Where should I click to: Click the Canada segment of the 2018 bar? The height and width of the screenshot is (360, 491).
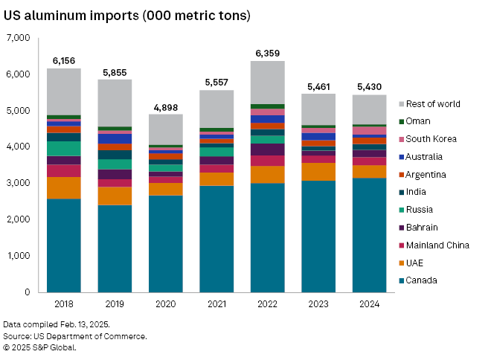click(x=64, y=245)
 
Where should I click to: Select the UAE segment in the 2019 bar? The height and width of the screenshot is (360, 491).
click(x=115, y=195)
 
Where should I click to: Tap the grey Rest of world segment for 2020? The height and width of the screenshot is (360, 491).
click(x=166, y=129)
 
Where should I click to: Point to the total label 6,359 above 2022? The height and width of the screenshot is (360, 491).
click(x=267, y=53)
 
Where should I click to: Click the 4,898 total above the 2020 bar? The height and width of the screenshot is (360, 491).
click(x=166, y=106)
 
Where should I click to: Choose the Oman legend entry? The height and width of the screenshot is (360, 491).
click(x=420, y=121)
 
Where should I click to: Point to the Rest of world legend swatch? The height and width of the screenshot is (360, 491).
click(x=402, y=104)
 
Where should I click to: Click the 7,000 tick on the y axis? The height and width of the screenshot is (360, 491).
click(x=16, y=38)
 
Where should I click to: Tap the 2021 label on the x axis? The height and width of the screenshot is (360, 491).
click(x=216, y=304)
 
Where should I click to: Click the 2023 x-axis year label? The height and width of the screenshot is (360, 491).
click(x=318, y=304)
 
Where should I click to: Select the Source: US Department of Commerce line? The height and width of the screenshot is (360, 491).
click(x=74, y=336)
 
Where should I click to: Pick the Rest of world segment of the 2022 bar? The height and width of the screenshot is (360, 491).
click(x=267, y=83)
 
